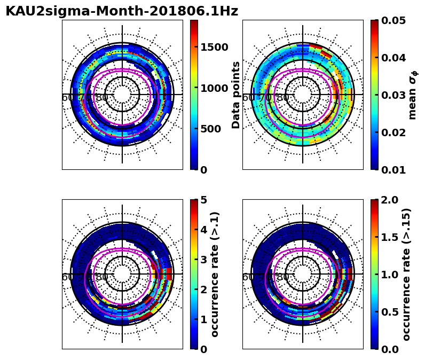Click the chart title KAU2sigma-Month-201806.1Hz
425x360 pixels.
click(x=122, y=11)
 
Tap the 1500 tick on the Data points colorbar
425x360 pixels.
click(x=214, y=47)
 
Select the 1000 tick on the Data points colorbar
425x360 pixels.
click(x=214, y=88)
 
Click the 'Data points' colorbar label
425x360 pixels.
click(x=236, y=95)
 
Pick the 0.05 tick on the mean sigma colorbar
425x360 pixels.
click(x=392, y=20)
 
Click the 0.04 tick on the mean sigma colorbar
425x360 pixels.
click(x=392, y=58)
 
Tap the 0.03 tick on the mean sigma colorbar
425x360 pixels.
click(x=392, y=95)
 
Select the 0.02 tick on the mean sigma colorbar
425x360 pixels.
click(x=392, y=132)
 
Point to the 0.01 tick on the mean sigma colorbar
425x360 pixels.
click(x=392, y=170)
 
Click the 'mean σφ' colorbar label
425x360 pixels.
click(x=413, y=95)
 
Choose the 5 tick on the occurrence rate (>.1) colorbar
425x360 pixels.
click(x=203, y=200)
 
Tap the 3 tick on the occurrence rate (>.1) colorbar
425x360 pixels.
click(x=203, y=260)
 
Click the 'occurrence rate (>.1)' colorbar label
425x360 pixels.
click(x=215, y=274)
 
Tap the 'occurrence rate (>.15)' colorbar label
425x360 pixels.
click(x=407, y=274)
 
